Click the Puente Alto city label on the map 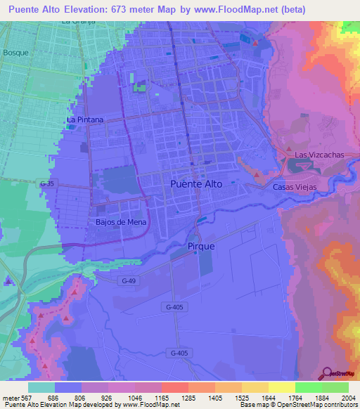(x=196, y=183)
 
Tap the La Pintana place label (x=85, y=119)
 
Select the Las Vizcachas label (x=316, y=155)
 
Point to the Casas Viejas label (x=295, y=187)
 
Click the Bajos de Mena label (x=116, y=223)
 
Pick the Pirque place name (x=201, y=247)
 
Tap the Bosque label (x=15, y=53)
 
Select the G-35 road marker (x=47, y=183)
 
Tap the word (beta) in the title (x=331, y=10)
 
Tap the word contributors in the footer (x=338, y=405)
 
